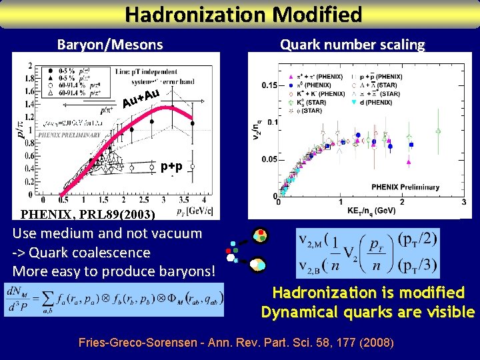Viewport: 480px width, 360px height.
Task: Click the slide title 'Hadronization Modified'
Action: pyautogui.click(x=244, y=14)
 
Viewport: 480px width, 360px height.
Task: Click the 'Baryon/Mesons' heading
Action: pyautogui.click(x=110, y=45)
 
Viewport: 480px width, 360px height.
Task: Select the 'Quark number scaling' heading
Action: pyautogui.click(x=352, y=45)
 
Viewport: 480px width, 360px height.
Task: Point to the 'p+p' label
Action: pyautogui.click(x=173, y=167)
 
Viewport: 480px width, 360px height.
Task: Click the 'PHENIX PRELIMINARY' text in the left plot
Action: pyautogui.click(x=69, y=135)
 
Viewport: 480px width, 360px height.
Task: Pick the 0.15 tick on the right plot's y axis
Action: pyautogui.click(x=269, y=85)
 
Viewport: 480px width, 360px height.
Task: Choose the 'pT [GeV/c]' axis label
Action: pyautogui.click(x=195, y=211)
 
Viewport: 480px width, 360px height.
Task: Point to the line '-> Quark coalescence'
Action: pyautogui.click(x=81, y=253)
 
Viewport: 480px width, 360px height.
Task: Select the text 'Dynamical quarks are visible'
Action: pyautogui.click(x=368, y=312)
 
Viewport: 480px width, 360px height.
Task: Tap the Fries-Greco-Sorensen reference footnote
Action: pyautogui.click(x=236, y=343)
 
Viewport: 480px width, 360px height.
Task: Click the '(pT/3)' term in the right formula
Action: pyautogui.click(x=417, y=265)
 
